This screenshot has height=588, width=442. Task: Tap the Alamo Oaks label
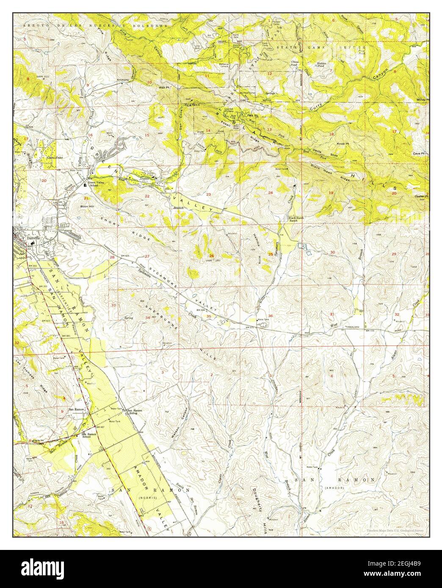pyautogui.click(x=54, y=158)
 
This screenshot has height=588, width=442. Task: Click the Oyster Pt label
pyautogui.click(x=421, y=196)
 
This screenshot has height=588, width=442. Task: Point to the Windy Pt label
pyautogui.click(x=422, y=99)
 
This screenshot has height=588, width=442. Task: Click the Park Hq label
pyautogui.click(x=253, y=115)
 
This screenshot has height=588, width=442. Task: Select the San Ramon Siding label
pyautogui.click(x=135, y=412)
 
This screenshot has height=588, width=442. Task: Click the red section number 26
pyautogui.click(x=211, y=256)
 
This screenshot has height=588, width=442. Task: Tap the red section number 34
pyautogui.click(x=147, y=317)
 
